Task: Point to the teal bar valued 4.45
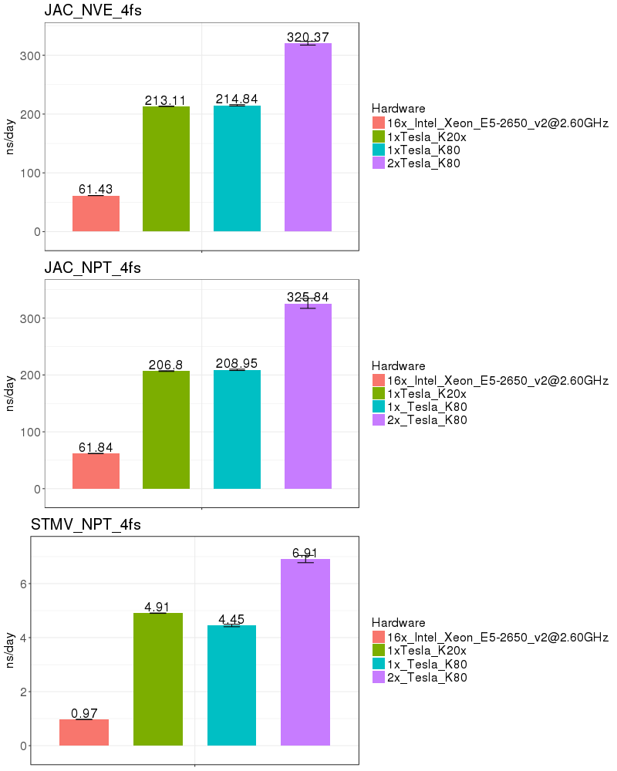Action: tap(231, 685)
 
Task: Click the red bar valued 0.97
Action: tap(83, 732)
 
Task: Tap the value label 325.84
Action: tap(308, 297)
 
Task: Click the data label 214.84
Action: tap(237, 99)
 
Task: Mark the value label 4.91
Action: tap(157, 607)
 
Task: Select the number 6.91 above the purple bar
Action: tap(305, 553)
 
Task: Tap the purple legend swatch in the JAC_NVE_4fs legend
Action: tap(378, 163)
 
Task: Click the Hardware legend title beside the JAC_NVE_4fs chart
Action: tap(398, 108)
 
